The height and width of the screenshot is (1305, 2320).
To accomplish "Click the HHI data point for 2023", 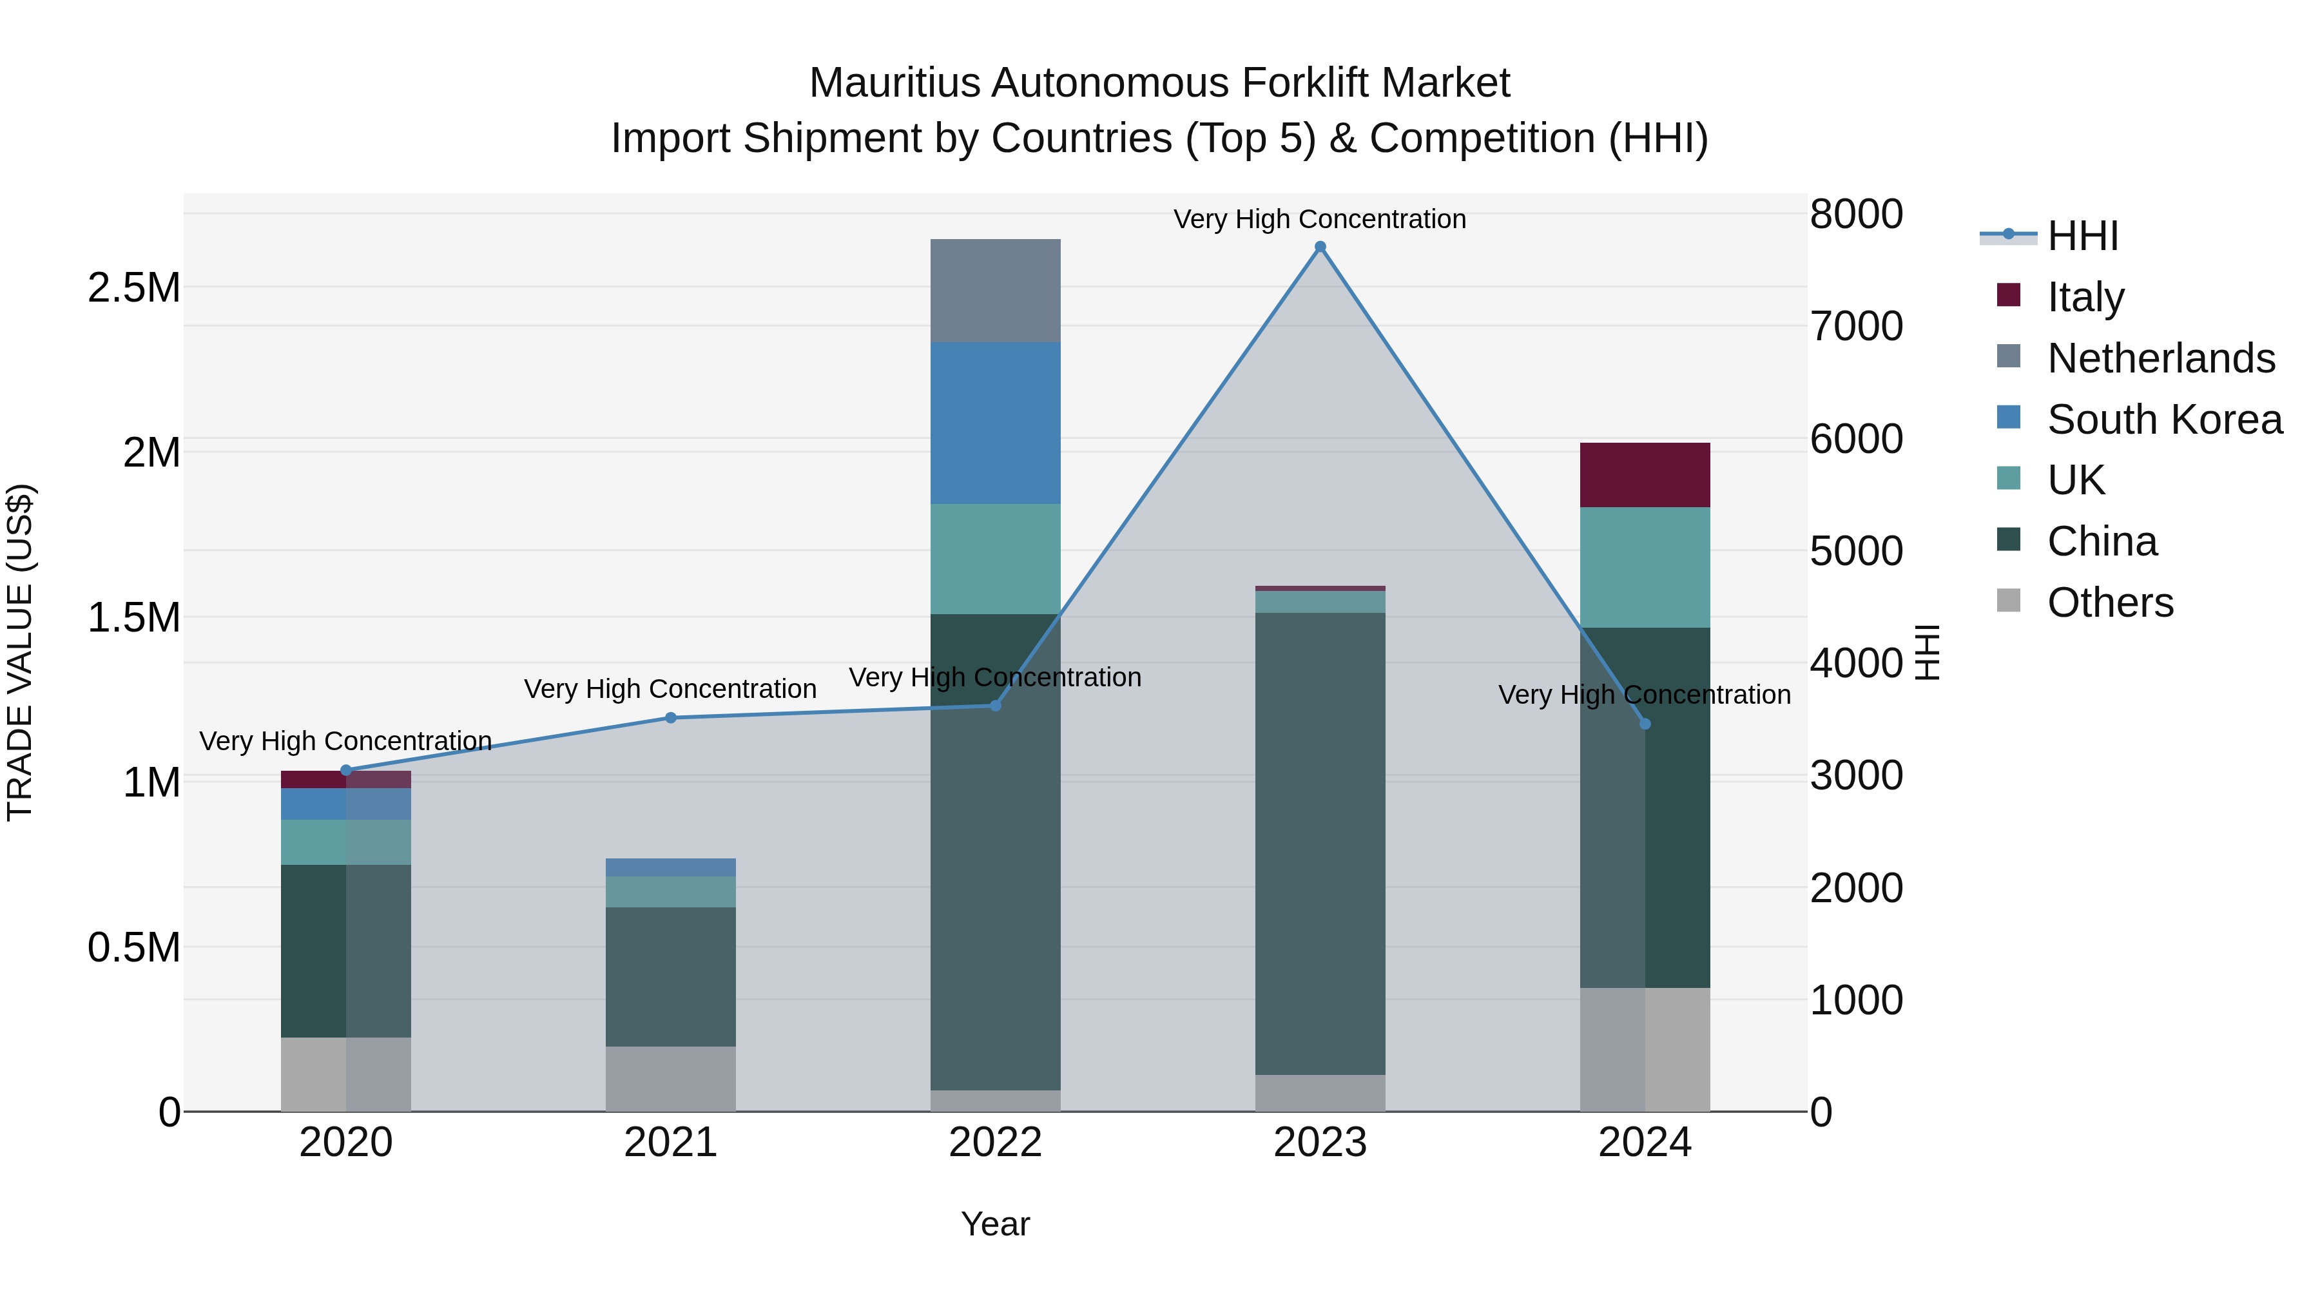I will [x=1320, y=247].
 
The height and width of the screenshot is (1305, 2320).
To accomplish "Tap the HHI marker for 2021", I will [x=670, y=718].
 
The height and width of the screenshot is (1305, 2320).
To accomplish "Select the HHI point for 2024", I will [x=1645, y=724].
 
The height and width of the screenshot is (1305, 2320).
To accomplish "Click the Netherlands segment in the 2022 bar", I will [x=995, y=290].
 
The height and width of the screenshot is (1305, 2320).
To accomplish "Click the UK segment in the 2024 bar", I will [x=1645, y=567].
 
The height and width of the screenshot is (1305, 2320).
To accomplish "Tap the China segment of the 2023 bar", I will [x=1320, y=843].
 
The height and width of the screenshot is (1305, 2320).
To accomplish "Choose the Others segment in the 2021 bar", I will [x=670, y=1078].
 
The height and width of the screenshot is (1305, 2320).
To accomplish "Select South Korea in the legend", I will [x=2164, y=419].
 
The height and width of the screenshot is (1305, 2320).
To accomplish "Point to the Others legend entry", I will [x=2109, y=602].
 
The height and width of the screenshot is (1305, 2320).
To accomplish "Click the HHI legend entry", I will [x=2082, y=236].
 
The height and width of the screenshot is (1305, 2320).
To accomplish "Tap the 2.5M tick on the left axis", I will [x=134, y=288].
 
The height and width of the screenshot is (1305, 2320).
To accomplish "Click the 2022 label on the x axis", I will [x=995, y=1143].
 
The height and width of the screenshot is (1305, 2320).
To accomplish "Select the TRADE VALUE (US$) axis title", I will [x=20, y=652].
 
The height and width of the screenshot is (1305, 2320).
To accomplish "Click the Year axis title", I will [x=995, y=1224].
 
